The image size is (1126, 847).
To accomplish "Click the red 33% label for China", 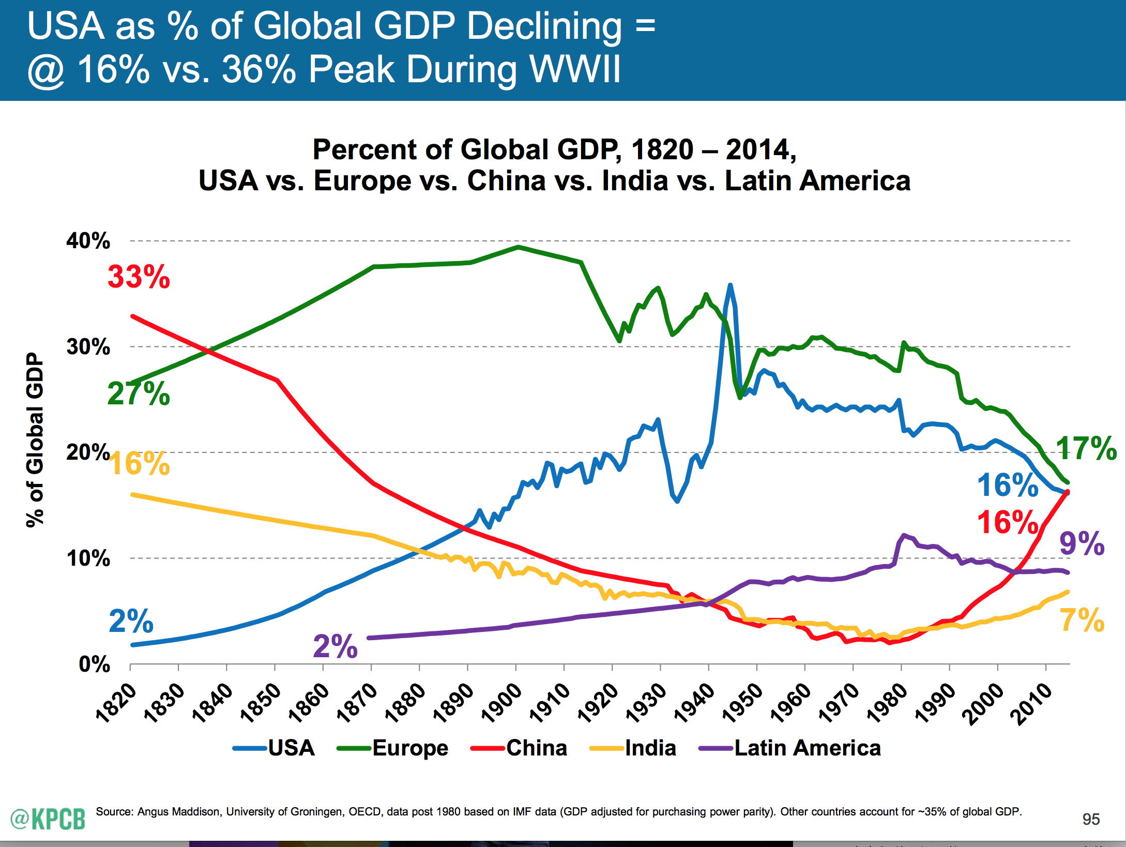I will [x=139, y=277].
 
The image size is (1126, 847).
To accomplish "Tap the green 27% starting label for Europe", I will [x=139, y=394].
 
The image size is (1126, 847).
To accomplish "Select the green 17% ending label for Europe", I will [x=1086, y=448].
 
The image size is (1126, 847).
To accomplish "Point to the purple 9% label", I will [x=1082, y=543].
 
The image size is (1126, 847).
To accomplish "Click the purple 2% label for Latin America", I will [x=335, y=646].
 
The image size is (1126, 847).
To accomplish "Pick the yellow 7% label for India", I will [x=1082, y=621].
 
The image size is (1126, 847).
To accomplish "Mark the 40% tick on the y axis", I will [x=88, y=241].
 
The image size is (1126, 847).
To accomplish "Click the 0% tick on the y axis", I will [x=95, y=664].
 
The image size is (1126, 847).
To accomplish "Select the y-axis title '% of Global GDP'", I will [x=35, y=440].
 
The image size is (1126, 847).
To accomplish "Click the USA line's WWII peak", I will [x=730, y=285].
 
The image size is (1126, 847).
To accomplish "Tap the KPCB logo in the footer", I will [x=48, y=819].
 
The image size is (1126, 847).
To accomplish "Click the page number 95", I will [x=1091, y=819].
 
